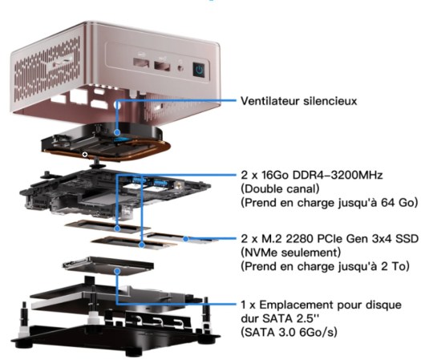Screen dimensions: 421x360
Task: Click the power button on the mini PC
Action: pyautogui.click(x=199, y=70)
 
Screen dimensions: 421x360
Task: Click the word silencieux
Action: pyautogui.click(x=330, y=101)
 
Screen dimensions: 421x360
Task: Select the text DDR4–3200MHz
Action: pyautogui.click(x=338, y=175)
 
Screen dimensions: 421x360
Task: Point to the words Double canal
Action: pyautogui.click(x=280, y=189)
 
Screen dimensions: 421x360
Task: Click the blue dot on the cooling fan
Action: pyautogui.click(x=117, y=132)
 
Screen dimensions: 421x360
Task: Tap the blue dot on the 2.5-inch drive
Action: pyautogui.click(x=117, y=272)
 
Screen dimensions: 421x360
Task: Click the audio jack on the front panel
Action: pyautogui.click(x=180, y=68)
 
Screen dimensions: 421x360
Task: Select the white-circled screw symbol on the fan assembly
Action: pyautogui.click(x=85, y=155)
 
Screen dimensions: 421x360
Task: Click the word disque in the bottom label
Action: pyautogui.click(x=386, y=305)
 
